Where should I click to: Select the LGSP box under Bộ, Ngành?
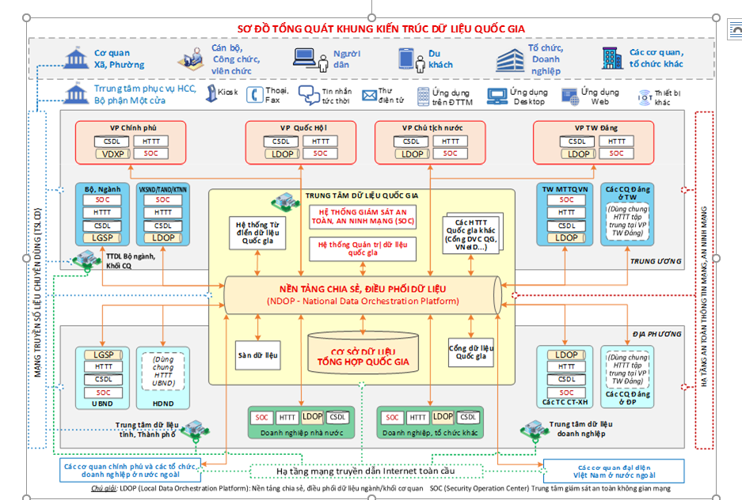[102, 237]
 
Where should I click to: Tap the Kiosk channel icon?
[211, 94]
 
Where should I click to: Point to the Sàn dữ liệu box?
[257, 355]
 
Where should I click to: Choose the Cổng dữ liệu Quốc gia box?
[471, 352]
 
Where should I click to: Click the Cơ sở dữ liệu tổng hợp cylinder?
[363, 352]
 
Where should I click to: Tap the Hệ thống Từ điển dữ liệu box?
[257, 235]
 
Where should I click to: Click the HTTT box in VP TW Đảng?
[613, 142]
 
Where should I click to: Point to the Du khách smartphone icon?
[406, 59]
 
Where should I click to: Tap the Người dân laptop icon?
[305, 58]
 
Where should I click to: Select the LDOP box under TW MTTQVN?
[566, 237]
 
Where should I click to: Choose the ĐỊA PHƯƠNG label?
[651, 334]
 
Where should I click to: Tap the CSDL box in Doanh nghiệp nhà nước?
[338, 417]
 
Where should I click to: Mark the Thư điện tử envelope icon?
[369, 96]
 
